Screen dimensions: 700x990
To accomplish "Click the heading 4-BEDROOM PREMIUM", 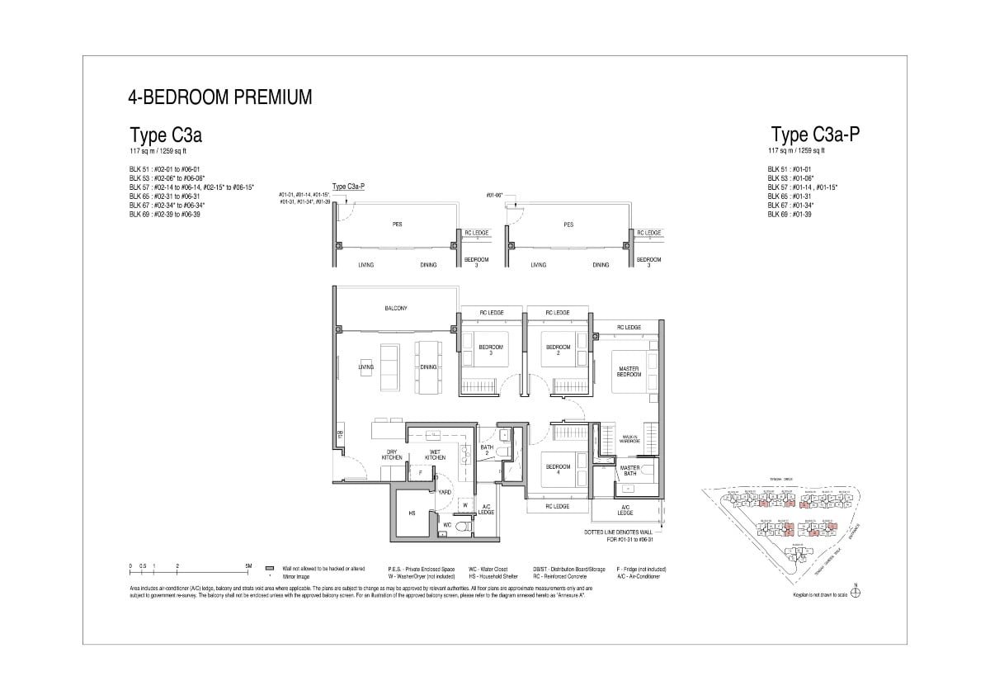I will pyautogui.click(x=220, y=97).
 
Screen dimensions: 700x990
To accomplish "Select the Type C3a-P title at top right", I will pyautogui.click(x=820, y=135).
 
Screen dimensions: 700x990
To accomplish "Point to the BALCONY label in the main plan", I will pyautogui.click(x=396, y=309).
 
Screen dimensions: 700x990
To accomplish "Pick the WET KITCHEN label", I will pyautogui.click(x=435, y=455).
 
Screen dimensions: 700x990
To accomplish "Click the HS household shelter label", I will pyautogui.click(x=411, y=513).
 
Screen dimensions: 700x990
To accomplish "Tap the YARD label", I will pyautogui.click(x=444, y=492).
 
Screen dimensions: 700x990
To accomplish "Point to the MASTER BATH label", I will pyautogui.click(x=629, y=471).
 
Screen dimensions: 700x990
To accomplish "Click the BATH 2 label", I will pyautogui.click(x=487, y=451).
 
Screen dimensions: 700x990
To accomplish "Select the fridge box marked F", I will pyautogui.click(x=420, y=472).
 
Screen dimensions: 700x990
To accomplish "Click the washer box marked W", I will pyautogui.click(x=464, y=504).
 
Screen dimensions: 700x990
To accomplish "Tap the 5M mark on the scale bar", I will pyautogui.click(x=248, y=567).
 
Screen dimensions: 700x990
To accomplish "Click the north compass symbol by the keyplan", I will pyautogui.click(x=856, y=593).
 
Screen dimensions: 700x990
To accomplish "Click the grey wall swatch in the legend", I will pyautogui.click(x=269, y=569).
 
